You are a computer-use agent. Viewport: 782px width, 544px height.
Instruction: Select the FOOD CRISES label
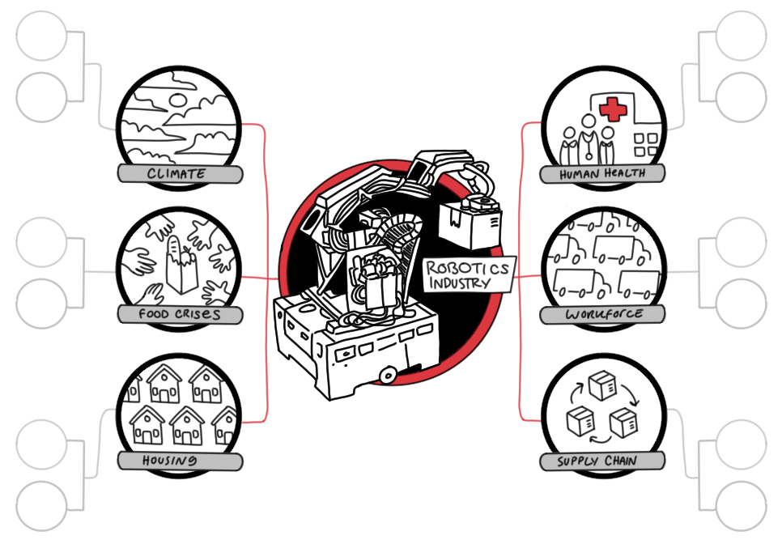(x=179, y=314)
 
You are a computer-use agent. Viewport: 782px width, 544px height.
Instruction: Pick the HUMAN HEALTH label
(x=602, y=173)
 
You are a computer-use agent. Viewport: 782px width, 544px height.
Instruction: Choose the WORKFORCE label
(x=602, y=314)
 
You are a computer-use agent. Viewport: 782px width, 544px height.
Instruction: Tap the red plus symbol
(x=614, y=110)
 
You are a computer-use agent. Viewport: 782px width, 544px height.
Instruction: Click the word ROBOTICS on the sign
(x=469, y=268)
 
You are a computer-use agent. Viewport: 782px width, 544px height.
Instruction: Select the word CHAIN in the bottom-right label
(x=620, y=461)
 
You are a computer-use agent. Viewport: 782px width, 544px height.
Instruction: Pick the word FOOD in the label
(x=154, y=314)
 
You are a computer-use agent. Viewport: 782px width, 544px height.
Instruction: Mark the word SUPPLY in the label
(x=577, y=461)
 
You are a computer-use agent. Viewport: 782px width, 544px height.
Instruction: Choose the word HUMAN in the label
(x=580, y=173)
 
